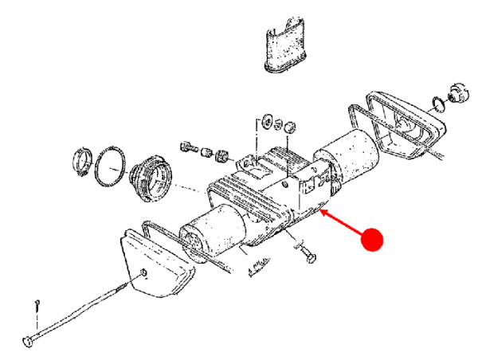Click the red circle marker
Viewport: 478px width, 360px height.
[x=372, y=238]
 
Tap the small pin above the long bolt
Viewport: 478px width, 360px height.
[x=37, y=304]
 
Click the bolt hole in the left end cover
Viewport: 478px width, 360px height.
[x=144, y=274]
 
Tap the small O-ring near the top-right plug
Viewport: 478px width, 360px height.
[x=437, y=102]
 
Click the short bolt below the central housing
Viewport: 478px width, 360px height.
[x=307, y=255]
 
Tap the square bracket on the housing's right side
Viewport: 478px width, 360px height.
[x=309, y=187]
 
